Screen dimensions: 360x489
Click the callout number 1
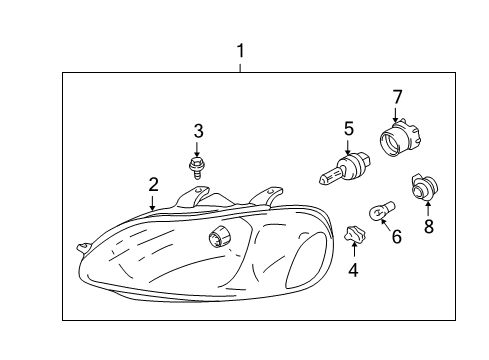click(x=240, y=49)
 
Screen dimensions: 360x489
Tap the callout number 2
click(x=153, y=184)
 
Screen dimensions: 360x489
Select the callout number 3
click(x=198, y=130)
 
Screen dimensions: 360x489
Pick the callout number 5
click(x=349, y=128)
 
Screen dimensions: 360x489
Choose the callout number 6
click(x=395, y=237)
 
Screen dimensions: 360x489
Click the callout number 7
click(x=396, y=97)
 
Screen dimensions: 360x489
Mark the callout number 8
click(x=428, y=226)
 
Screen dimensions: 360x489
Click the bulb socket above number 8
click(x=422, y=186)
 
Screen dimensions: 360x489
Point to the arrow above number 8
click(x=428, y=208)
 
